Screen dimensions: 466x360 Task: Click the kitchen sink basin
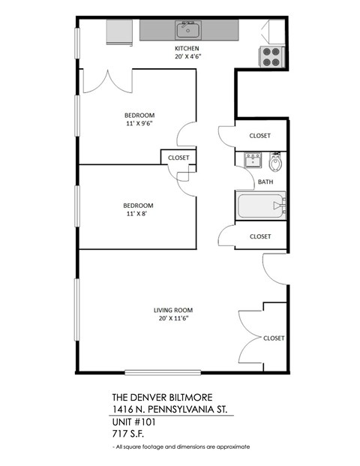[187, 31]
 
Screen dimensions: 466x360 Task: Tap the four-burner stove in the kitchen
[272, 56]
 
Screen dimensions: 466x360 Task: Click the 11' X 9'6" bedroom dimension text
[139, 124]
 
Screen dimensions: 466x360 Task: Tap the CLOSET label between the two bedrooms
[178, 158]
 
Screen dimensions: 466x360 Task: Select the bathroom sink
[253, 160]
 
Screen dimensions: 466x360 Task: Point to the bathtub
[260, 205]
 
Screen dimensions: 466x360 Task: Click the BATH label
[265, 182]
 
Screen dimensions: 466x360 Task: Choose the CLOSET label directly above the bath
[260, 136]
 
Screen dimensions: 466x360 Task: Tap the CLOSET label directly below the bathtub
[260, 236]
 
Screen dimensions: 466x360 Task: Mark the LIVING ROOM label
[173, 310]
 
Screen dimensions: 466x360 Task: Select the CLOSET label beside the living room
[274, 338]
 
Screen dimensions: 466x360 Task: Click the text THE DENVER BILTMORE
[157, 398]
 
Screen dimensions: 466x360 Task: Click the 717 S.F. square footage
[126, 434]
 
